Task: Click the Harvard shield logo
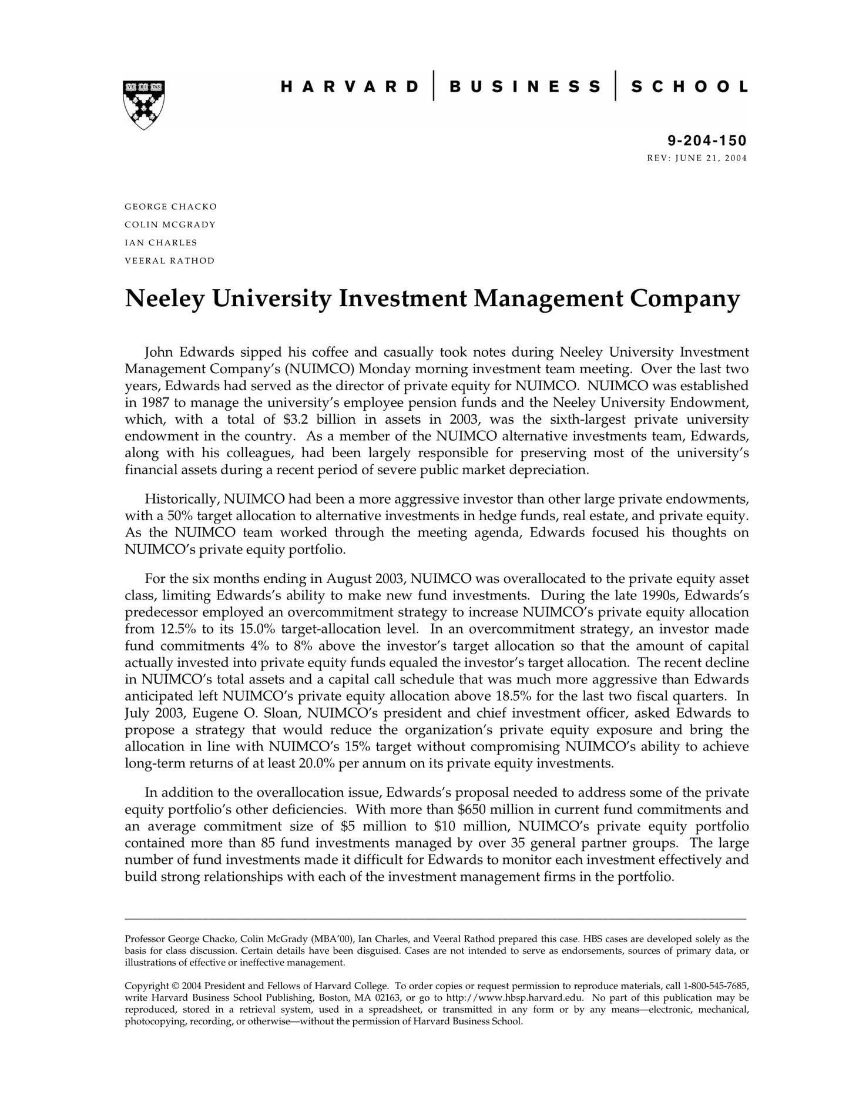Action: tap(144, 103)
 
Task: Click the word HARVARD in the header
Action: tap(350, 87)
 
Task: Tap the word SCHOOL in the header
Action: tap(689, 87)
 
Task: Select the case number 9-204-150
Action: tap(707, 140)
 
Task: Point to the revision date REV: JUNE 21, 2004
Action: tap(697, 158)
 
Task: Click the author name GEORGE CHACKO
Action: tap(170, 207)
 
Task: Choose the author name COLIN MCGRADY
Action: tap(170, 225)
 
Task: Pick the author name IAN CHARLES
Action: tap(160, 243)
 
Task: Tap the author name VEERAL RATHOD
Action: tap(169, 260)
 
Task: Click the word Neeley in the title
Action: tap(165, 299)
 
